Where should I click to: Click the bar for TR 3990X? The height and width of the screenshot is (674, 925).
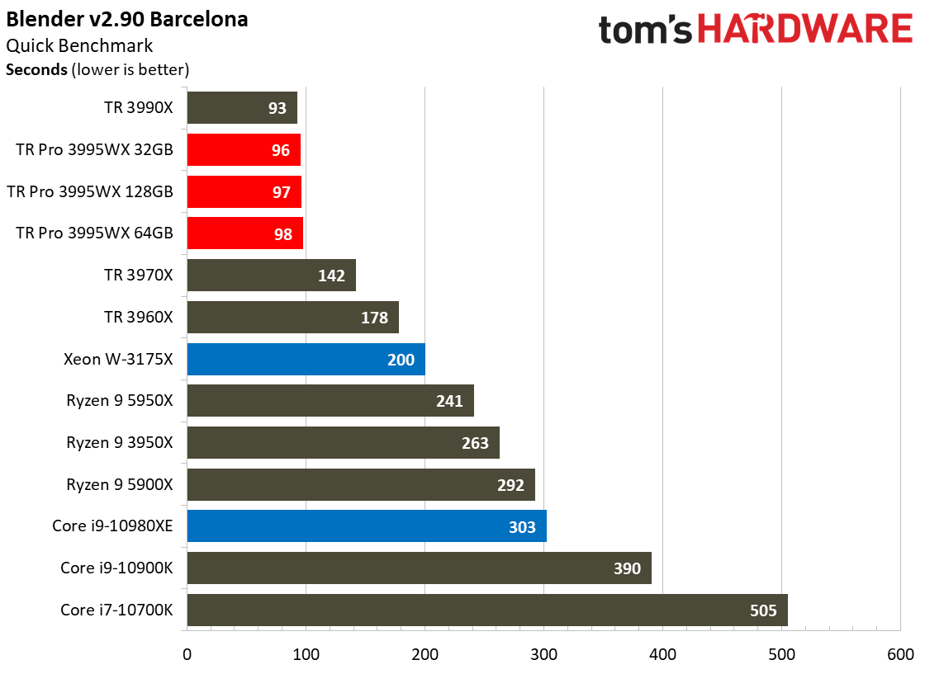[242, 108]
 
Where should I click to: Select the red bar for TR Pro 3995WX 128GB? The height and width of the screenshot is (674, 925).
[244, 191]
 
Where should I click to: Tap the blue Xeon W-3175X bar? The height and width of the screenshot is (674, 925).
[306, 359]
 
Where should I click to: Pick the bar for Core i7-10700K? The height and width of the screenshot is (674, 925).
[487, 610]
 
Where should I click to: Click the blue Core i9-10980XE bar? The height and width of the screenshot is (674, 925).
[367, 526]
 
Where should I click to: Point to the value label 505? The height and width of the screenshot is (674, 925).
[763, 610]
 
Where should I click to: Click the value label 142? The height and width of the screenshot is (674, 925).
[331, 276]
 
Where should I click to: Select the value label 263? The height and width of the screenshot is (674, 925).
[475, 443]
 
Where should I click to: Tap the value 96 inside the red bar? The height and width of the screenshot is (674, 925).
[280, 150]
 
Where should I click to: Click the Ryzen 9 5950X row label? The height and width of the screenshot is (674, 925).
[120, 401]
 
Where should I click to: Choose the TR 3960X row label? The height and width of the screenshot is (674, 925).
[139, 317]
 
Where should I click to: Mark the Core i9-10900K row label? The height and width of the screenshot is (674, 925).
[116, 568]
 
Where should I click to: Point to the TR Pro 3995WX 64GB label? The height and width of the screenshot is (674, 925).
[94, 233]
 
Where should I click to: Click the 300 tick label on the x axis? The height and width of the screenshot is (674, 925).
[544, 654]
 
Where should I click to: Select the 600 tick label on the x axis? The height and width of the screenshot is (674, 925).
[900, 654]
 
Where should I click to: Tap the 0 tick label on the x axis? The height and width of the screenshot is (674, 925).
[187, 654]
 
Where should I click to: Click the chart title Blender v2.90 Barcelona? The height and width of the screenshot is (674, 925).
[127, 20]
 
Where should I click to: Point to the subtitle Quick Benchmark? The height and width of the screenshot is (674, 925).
[79, 45]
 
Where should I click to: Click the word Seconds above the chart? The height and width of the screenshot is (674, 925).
[36, 69]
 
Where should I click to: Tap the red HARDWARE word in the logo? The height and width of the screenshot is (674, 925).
[805, 30]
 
